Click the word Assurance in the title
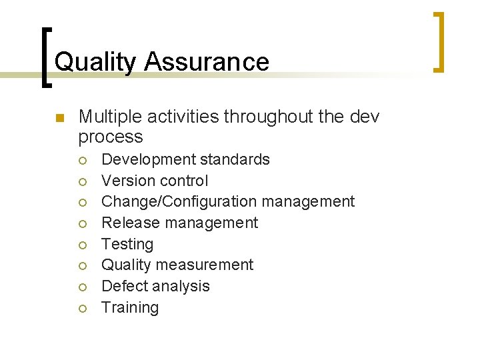click(207, 62)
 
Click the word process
click(111, 137)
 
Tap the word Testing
click(127, 244)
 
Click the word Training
click(130, 307)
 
